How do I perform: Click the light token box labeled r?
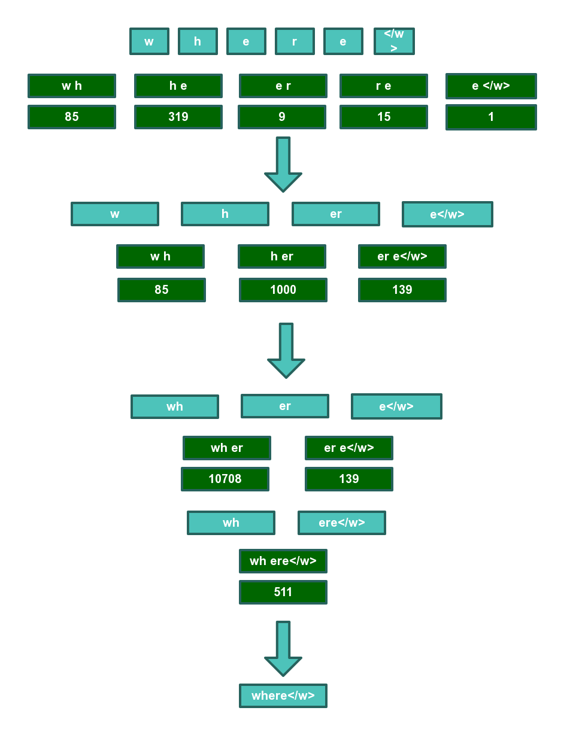tap(295, 41)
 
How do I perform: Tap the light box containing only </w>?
tap(394, 41)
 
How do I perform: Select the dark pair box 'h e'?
tap(178, 86)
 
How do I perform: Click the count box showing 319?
tap(178, 117)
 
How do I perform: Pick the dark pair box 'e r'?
tap(283, 86)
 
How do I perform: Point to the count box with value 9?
tap(282, 117)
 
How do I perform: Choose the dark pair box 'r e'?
tap(384, 86)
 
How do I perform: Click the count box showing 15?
tap(384, 117)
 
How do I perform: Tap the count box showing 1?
tap(491, 117)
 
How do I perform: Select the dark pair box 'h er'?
tap(282, 256)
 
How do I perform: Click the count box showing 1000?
tap(283, 290)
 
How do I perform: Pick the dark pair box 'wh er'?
tap(227, 448)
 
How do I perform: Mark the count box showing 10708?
tap(225, 479)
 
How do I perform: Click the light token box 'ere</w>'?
tap(342, 523)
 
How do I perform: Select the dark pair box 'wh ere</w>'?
tap(283, 561)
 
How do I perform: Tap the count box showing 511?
tap(283, 592)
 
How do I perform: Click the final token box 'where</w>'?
tap(283, 696)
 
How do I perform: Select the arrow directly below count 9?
tap(283, 165)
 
